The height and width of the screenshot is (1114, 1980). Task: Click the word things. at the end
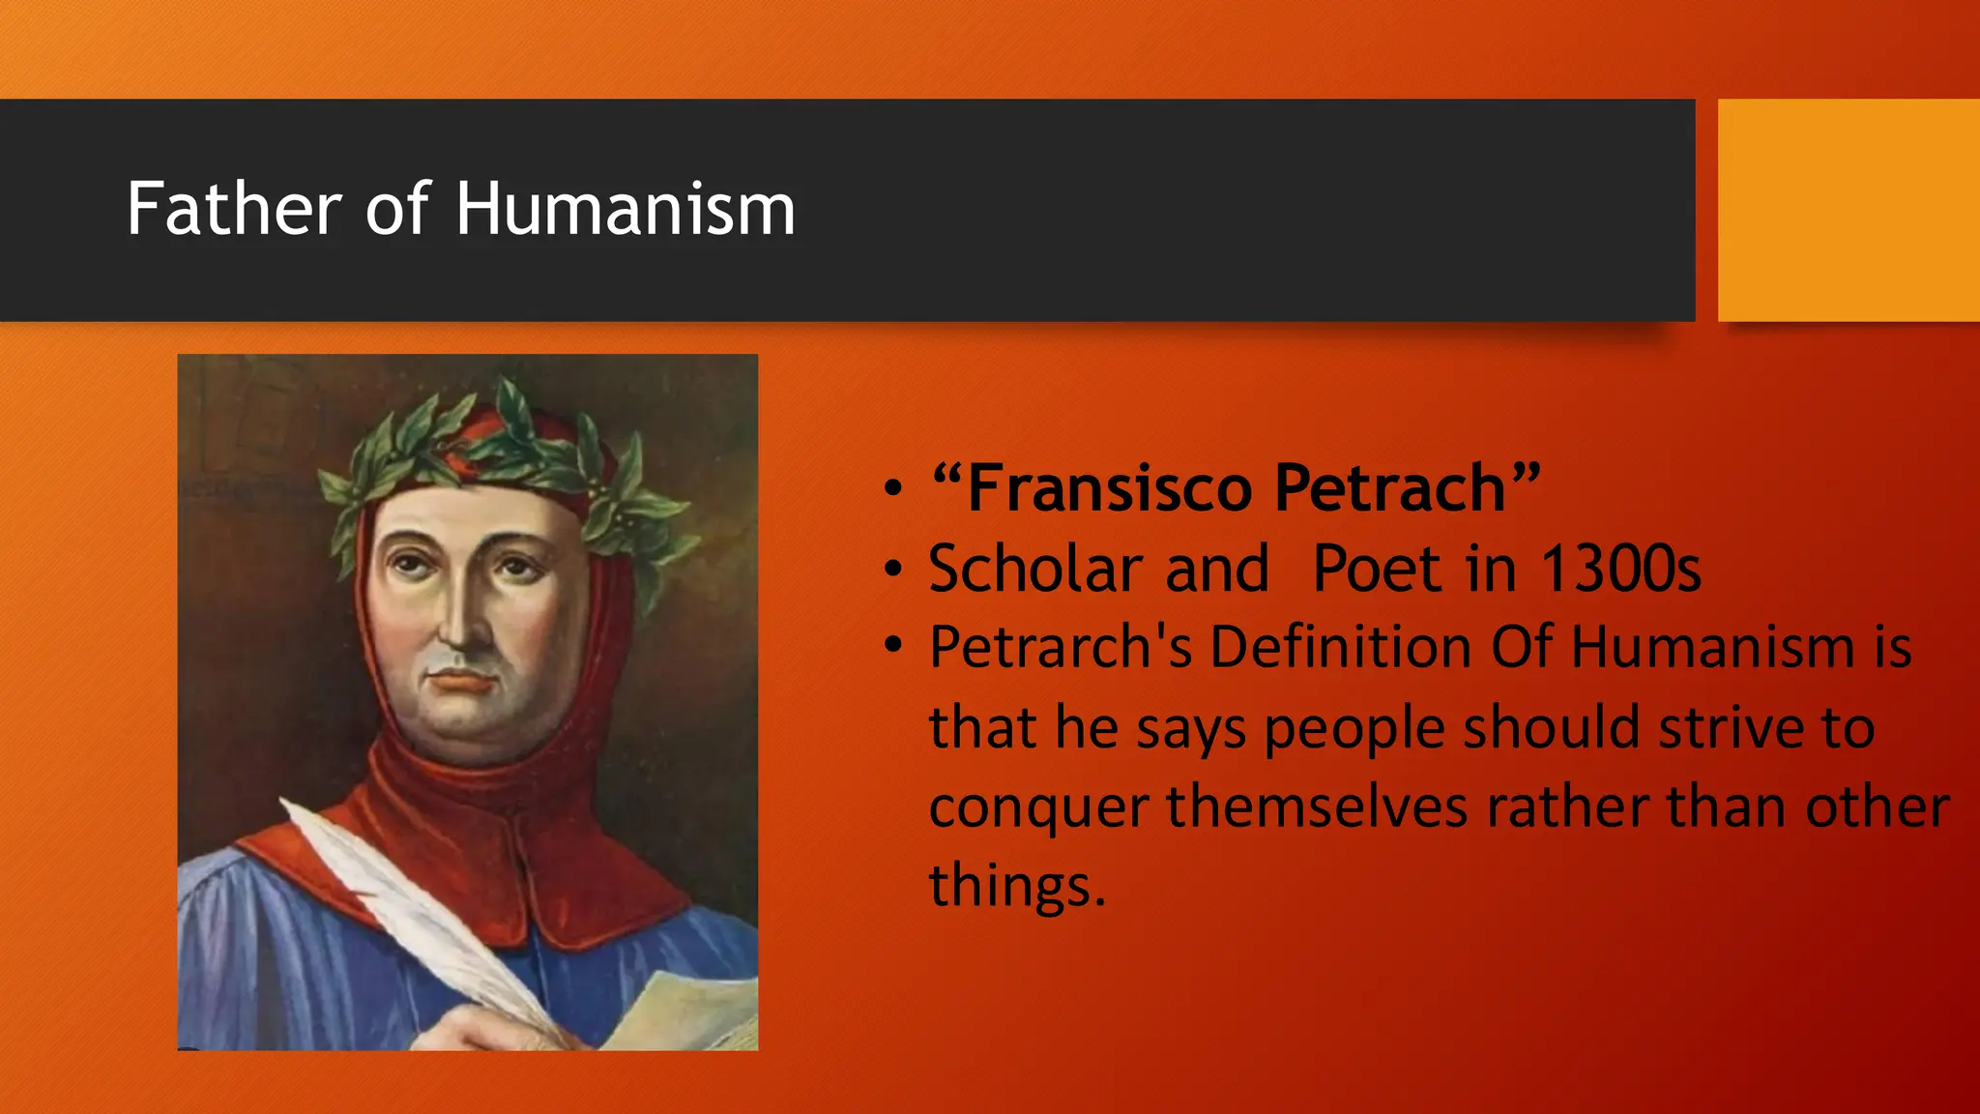pos(1017,885)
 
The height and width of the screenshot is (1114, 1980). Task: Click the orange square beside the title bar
pos(1849,210)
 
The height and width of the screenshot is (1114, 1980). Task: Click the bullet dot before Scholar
pos(893,569)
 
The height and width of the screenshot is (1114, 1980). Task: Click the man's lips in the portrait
pos(462,681)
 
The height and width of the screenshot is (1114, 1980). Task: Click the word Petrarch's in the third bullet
pos(1061,647)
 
